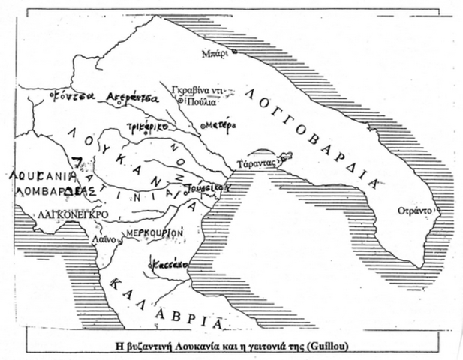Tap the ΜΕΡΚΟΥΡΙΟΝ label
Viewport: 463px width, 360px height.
155,233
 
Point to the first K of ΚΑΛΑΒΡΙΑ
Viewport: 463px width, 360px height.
115,283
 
